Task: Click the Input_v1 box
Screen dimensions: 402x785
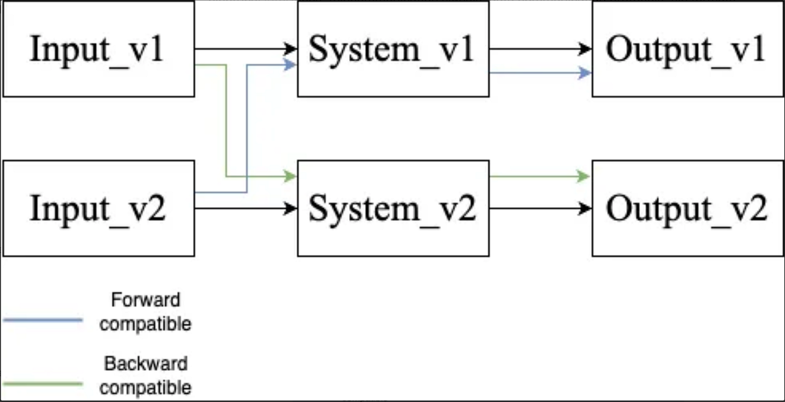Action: coord(98,49)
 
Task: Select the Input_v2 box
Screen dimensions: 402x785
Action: coord(98,208)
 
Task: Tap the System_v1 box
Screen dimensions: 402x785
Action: coord(393,49)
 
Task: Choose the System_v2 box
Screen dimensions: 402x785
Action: coord(393,208)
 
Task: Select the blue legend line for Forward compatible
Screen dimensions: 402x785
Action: coord(43,319)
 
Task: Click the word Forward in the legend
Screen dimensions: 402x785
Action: coord(145,300)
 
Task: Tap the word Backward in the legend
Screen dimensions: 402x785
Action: coord(146,364)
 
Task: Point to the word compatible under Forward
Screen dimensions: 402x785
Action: coord(145,324)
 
